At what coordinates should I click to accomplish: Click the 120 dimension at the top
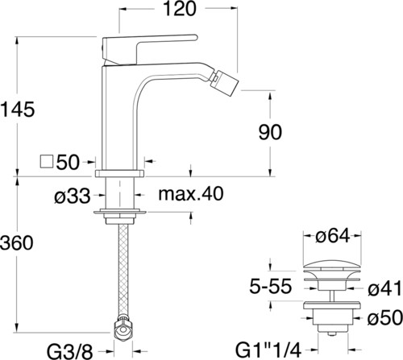click(x=180, y=9)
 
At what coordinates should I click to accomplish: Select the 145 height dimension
click(x=18, y=110)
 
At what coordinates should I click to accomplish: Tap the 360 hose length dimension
click(x=17, y=242)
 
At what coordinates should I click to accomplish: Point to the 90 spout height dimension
click(x=270, y=132)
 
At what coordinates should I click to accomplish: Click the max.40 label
click(x=191, y=193)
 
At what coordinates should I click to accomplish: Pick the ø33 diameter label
click(x=73, y=196)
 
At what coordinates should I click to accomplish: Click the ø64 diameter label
click(x=333, y=236)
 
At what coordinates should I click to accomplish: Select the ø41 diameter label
click(x=384, y=288)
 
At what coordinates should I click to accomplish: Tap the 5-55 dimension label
click(x=271, y=286)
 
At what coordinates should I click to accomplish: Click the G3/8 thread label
click(x=70, y=351)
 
